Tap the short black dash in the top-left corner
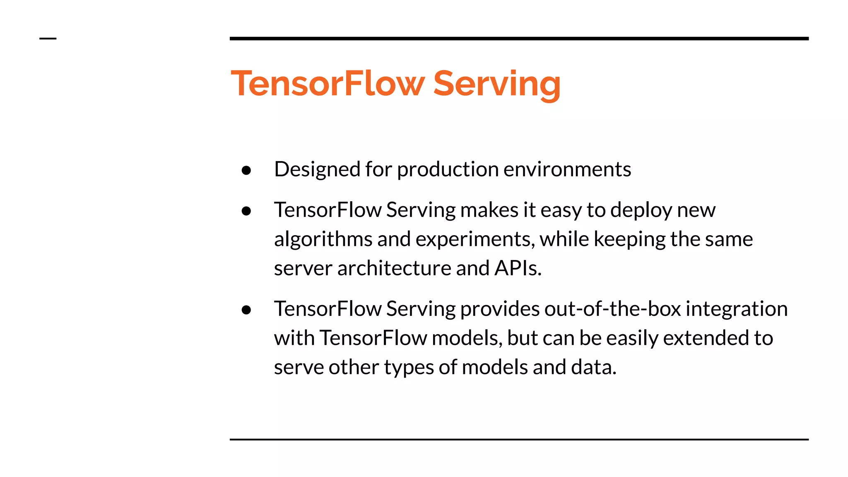click(x=48, y=39)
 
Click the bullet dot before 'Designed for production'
click(x=246, y=170)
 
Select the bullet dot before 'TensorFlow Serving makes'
click(x=246, y=211)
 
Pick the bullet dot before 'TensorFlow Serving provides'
click(x=246, y=310)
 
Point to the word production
click(x=448, y=169)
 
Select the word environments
click(x=567, y=169)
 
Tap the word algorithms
click(x=323, y=239)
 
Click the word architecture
click(x=394, y=268)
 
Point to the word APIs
click(x=518, y=268)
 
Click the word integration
click(x=737, y=309)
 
